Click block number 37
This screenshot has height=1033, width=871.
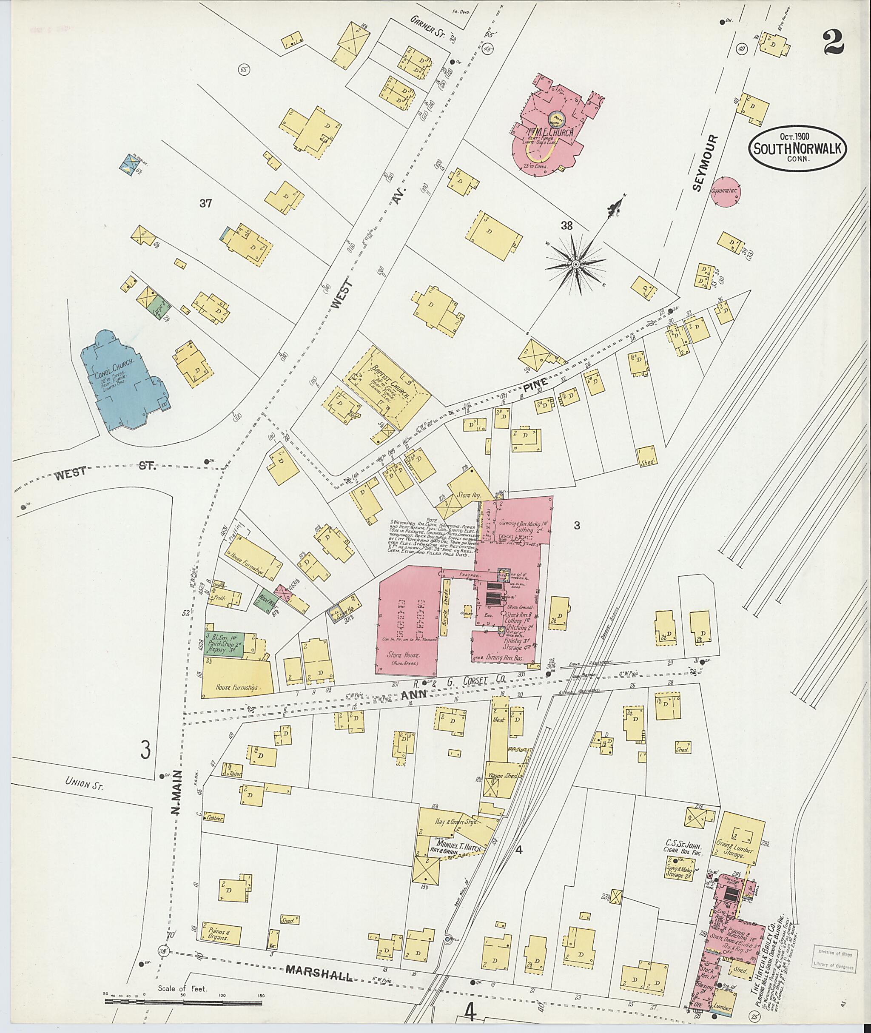(x=205, y=203)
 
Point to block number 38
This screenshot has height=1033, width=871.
(x=566, y=226)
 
